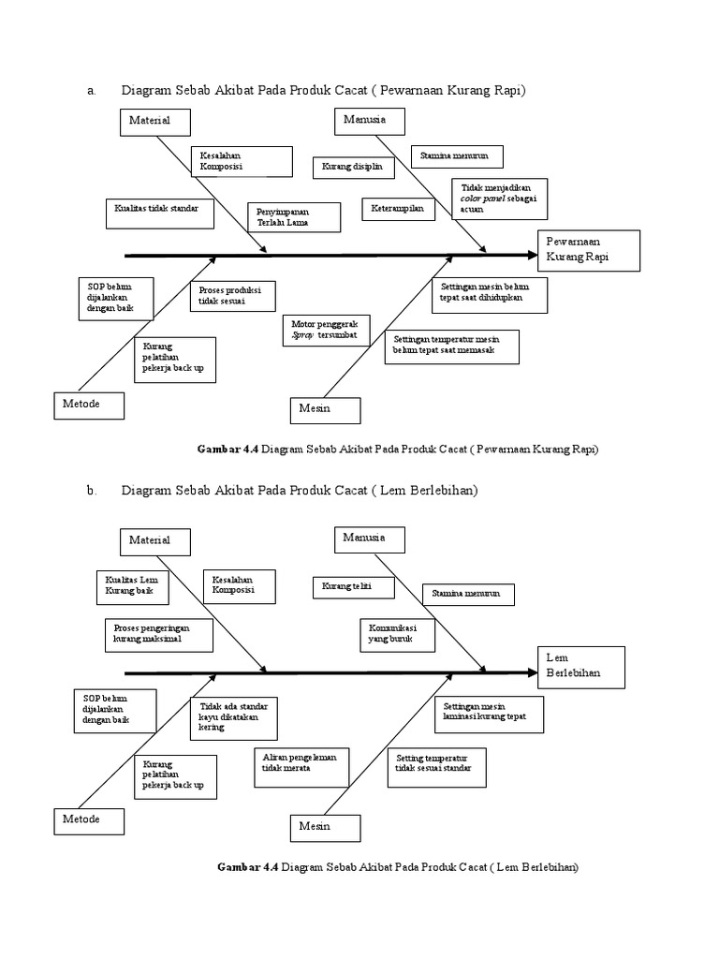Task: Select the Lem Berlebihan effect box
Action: [580, 666]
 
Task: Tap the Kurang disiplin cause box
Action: [353, 167]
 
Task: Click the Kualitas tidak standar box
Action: [158, 213]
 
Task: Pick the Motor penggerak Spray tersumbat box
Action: [324, 331]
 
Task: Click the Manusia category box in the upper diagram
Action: [371, 121]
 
